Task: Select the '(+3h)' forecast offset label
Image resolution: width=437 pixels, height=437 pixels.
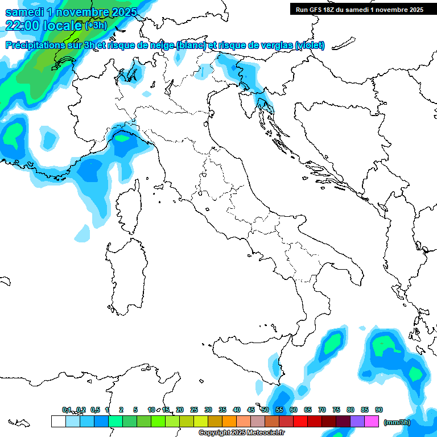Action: click(95, 26)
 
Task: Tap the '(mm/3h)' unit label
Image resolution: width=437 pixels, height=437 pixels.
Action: click(397, 422)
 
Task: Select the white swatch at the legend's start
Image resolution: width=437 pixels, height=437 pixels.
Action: click(58, 422)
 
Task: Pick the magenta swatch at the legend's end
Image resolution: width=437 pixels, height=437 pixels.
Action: click(372, 422)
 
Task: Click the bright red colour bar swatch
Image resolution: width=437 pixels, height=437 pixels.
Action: click(300, 422)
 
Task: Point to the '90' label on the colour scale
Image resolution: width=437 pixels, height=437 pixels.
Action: click(379, 410)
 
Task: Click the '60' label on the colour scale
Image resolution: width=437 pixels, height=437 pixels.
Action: click(294, 410)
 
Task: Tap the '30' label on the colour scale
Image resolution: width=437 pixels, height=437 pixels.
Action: click(208, 410)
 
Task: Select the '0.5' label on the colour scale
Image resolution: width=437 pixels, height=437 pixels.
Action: click(94, 410)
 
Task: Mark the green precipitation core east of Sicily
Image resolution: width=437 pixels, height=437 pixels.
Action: click(331, 344)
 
